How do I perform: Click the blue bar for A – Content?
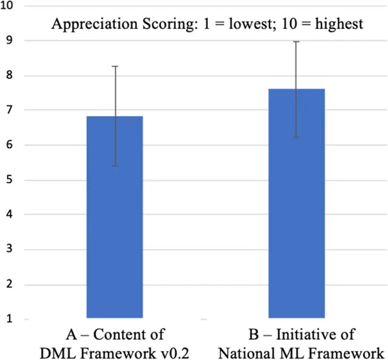click(x=114, y=218)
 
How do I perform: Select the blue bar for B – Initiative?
click(x=296, y=204)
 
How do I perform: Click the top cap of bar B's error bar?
click(x=296, y=41)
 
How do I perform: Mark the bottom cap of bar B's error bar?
click(x=296, y=137)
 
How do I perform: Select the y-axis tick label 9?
click(x=10, y=41)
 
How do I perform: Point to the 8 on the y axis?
click(x=10, y=75)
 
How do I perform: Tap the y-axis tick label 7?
click(x=10, y=110)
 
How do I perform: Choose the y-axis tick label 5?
click(x=10, y=180)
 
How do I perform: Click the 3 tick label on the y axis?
click(x=10, y=250)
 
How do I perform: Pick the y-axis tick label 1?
click(x=10, y=319)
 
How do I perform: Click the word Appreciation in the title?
click(x=83, y=24)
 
